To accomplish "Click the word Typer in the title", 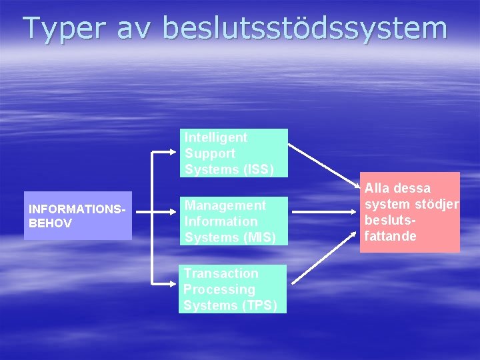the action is (x=64, y=29).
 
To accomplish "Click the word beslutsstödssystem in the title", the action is (x=305, y=29).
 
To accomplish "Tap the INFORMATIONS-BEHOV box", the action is (x=77, y=217).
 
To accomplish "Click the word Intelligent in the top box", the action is (x=216, y=137).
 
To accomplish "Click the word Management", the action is (x=225, y=205).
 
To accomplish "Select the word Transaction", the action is (x=221, y=273).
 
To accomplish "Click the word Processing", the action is (x=219, y=289).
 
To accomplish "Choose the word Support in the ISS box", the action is (x=207, y=153).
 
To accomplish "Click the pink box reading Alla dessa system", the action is (x=409, y=212).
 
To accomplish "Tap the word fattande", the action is (x=391, y=236).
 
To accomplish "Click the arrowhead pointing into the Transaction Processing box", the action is (x=175, y=285).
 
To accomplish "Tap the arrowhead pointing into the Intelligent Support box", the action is (x=175, y=153).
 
